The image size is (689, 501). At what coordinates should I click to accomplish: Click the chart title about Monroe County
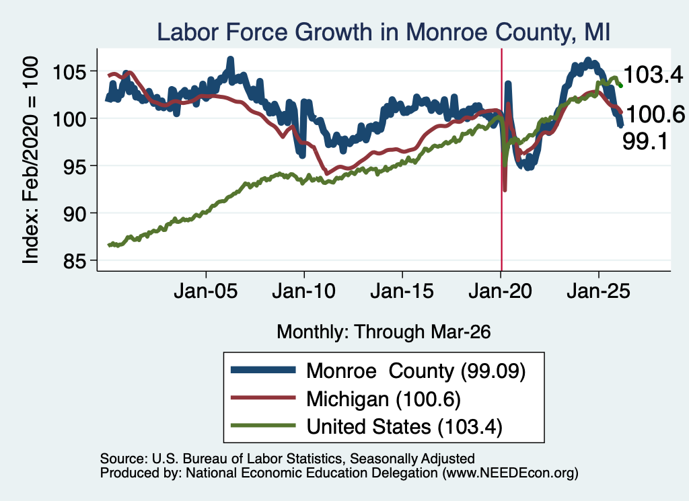point(384,32)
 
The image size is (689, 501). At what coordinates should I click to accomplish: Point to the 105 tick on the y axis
point(69,71)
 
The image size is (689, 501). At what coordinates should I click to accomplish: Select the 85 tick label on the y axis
point(74,261)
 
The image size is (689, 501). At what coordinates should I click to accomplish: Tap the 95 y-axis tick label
point(74,166)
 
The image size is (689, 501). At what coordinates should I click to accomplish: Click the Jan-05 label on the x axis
point(206,292)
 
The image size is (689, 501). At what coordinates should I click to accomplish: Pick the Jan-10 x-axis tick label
point(304,292)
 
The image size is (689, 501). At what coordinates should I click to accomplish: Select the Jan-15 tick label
point(402,292)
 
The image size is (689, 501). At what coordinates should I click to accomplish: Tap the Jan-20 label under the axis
point(501,292)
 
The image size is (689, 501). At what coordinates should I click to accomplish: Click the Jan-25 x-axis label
point(598,292)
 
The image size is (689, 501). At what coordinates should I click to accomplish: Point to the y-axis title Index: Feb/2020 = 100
point(30,160)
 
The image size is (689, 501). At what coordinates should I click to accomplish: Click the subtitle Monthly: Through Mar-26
point(384,332)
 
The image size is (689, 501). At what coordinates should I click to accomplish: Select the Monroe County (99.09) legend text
point(416,371)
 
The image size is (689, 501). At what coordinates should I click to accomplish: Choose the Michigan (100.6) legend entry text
point(383,399)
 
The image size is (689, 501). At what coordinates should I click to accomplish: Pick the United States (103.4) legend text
point(404,427)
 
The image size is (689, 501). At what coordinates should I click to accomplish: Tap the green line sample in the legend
point(263,426)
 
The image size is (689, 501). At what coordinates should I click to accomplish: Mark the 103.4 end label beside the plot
point(653,75)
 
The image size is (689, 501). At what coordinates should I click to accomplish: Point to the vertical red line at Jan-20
point(501,160)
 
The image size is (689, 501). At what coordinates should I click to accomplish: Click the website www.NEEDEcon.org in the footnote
point(510,473)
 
